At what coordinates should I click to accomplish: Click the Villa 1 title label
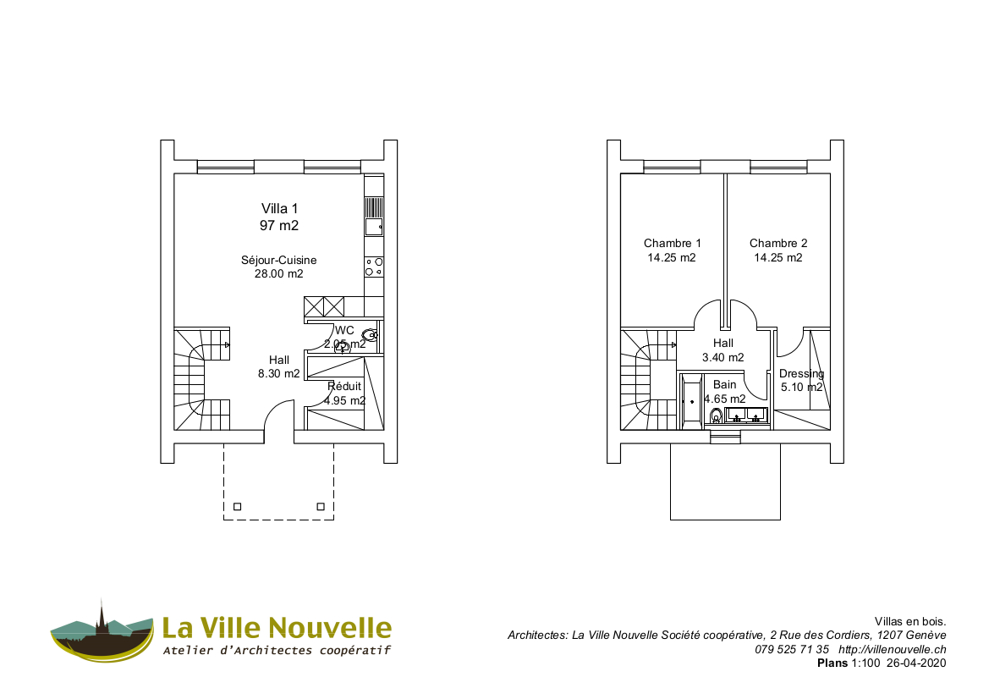point(279,208)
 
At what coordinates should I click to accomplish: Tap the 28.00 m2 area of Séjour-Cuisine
point(279,274)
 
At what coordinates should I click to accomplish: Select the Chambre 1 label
point(672,244)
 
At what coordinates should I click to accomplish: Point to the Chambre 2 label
point(778,244)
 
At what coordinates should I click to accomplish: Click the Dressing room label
point(801,374)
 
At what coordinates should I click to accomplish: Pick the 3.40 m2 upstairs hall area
point(723,358)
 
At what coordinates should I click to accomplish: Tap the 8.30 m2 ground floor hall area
point(279,374)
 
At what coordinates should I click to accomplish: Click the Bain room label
point(725,385)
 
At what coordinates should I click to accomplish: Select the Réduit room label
point(344,387)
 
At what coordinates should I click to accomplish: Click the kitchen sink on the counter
point(373,226)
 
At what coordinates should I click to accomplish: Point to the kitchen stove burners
point(373,267)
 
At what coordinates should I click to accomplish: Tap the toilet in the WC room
point(371,335)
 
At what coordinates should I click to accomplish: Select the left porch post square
point(237,507)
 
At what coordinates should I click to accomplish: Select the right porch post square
point(320,507)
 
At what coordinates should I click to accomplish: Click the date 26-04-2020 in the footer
point(916,663)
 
